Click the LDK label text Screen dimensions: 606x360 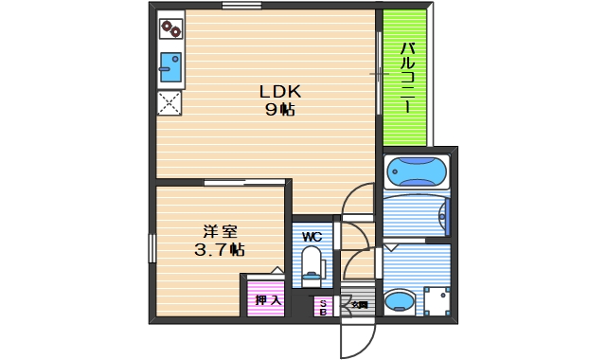[x=280, y=92]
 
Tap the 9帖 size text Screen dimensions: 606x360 [x=280, y=109]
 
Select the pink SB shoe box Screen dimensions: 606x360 [x=323, y=306]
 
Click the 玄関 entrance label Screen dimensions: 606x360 [x=360, y=305]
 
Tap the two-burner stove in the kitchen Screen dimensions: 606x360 [x=170, y=29]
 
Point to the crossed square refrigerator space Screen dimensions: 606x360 [x=170, y=102]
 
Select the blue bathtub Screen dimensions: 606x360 [x=417, y=172]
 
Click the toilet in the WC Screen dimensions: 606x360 [x=311, y=265]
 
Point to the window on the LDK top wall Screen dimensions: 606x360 [x=241, y=6]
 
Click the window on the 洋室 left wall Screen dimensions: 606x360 [x=151, y=248]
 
